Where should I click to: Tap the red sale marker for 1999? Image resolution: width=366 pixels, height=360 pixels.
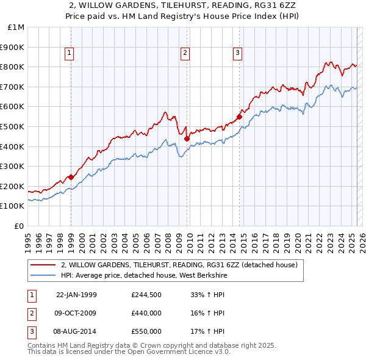[x=71, y=178]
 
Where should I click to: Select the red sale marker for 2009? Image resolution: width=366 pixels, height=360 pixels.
[x=187, y=139]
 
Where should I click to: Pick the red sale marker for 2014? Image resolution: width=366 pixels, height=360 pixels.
[x=239, y=117]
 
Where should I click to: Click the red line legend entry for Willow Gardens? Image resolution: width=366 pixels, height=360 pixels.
[x=179, y=265]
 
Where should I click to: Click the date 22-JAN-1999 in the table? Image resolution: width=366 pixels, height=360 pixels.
[x=76, y=295]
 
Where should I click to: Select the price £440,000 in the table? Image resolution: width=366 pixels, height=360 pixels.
[x=146, y=313]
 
